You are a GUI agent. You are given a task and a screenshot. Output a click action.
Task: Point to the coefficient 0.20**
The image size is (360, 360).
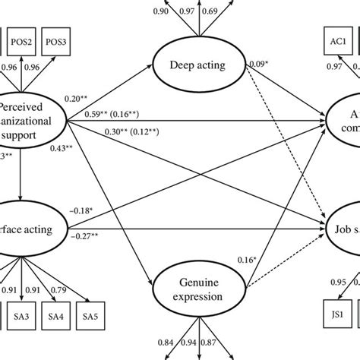click(x=98, y=99)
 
